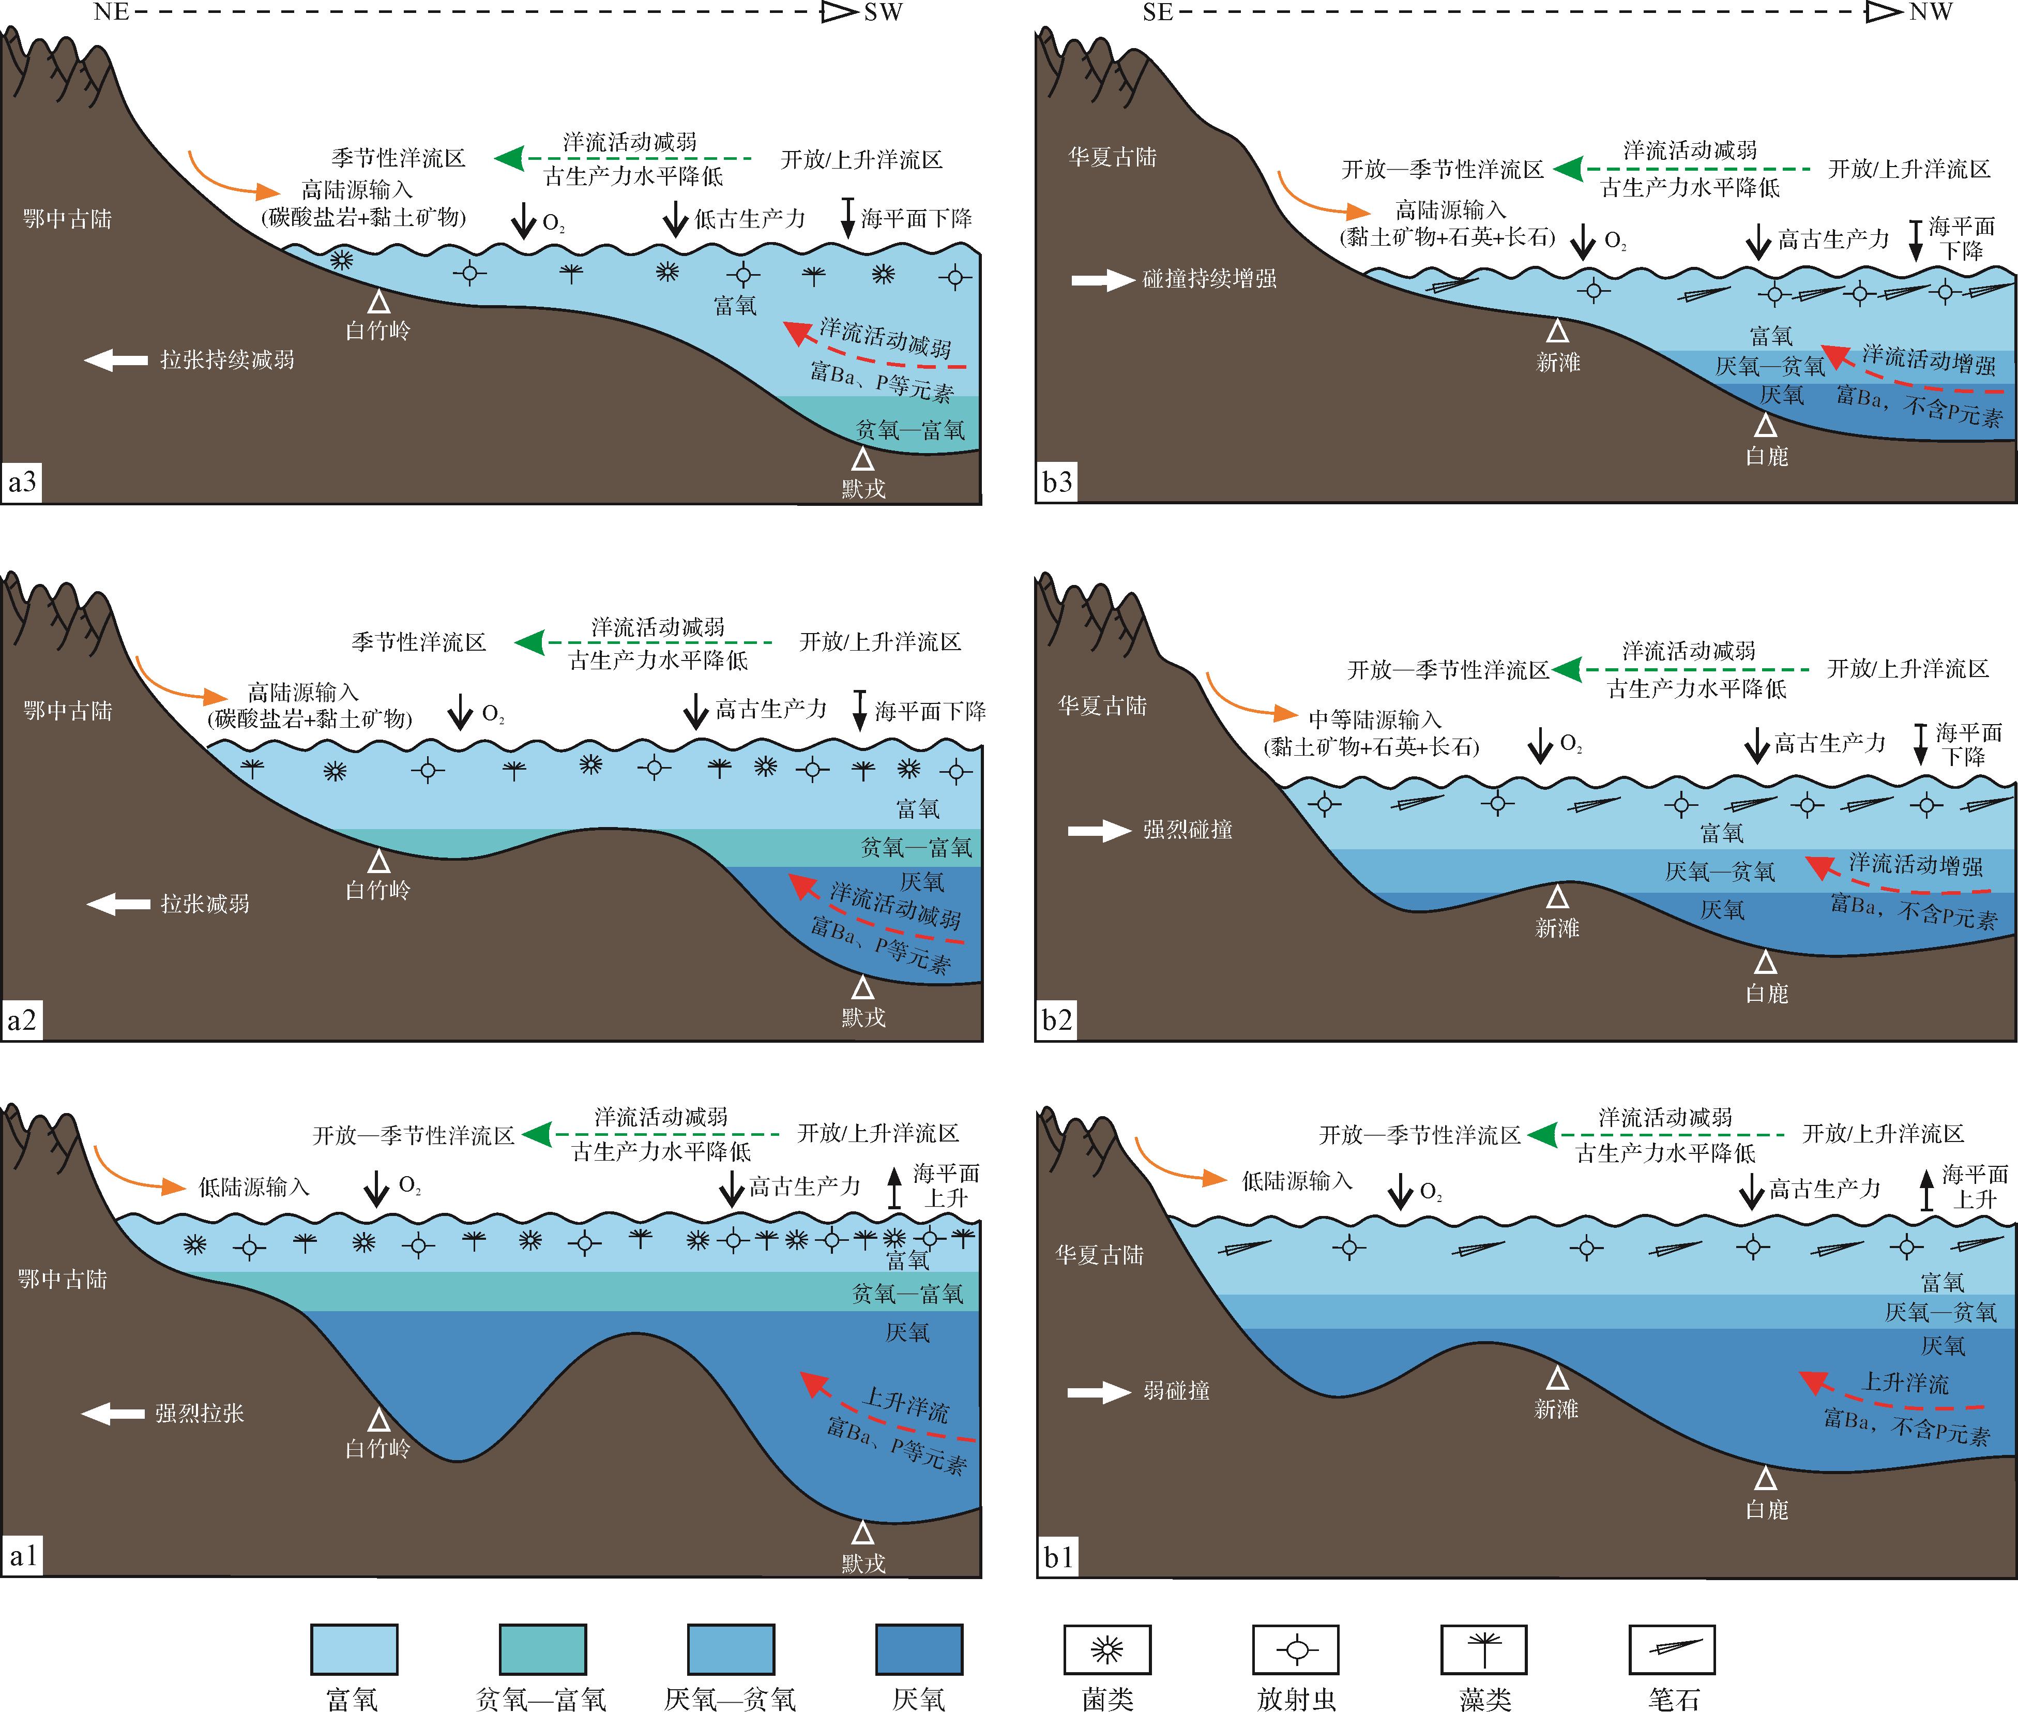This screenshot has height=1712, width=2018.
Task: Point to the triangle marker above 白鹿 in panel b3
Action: click(x=1766, y=425)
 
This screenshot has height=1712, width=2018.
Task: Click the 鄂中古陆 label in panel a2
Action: click(x=68, y=711)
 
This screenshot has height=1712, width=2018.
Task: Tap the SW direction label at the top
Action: click(x=883, y=12)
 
